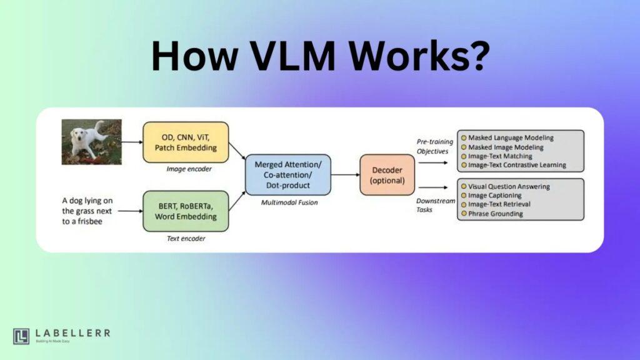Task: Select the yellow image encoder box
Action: pos(186,142)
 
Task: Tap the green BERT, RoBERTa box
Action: pos(186,211)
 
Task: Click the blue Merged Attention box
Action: pos(288,175)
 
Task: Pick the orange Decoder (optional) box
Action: pos(387,175)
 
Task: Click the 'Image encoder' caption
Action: pos(189,169)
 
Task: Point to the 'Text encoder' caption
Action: pos(186,238)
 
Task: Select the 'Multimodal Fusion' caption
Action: pos(289,202)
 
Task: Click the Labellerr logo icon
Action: pos(21,336)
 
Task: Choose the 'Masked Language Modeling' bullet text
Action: pos(511,138)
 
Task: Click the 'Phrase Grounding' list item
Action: pos(496,214)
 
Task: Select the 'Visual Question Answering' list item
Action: pos(509,186)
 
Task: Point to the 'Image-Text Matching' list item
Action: pos(500,156)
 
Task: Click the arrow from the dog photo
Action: pos(132,142)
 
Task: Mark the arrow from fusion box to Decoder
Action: pos(346,175)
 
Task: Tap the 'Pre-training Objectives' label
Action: pos(435,146)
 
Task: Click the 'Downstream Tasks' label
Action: pos(436,205)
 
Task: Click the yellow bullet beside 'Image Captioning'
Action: pos(464,196)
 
